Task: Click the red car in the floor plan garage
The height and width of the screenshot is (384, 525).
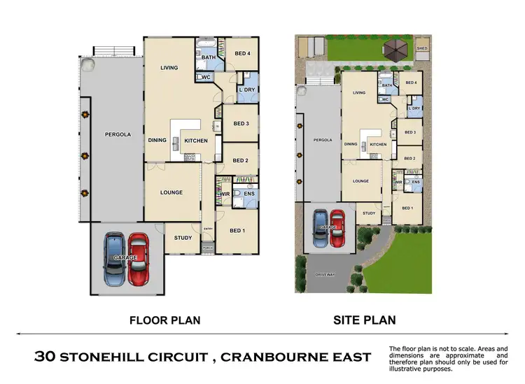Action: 139,258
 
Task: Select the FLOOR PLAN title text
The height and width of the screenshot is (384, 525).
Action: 165,320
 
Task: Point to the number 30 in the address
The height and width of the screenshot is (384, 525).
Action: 45,357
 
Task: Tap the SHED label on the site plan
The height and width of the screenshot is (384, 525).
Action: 421,48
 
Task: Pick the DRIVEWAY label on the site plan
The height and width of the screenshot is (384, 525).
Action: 326,274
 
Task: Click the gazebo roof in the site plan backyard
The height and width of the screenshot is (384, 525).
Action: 393,49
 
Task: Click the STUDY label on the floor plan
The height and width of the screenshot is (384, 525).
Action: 183,238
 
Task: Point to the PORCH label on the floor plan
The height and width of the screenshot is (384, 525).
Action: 207,247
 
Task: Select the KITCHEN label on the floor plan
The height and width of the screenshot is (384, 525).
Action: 196,141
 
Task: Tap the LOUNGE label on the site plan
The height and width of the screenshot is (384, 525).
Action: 360,180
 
